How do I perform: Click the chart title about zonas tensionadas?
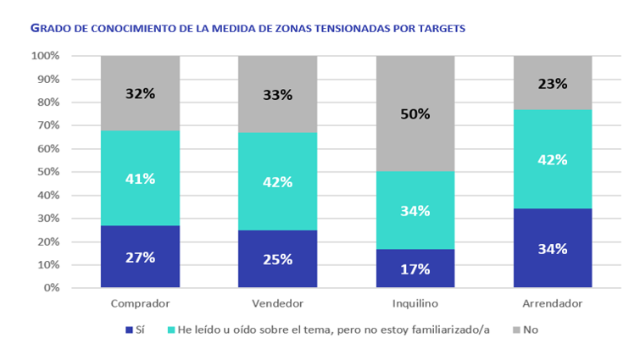(248, 28)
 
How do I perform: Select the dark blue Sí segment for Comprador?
(141, 257)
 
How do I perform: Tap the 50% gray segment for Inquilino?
(415, 114)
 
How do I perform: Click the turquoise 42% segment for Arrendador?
(551, 159)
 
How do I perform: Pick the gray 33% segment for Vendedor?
(278, 94)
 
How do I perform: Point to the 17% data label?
(415, 269)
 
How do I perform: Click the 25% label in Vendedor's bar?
(278, 259)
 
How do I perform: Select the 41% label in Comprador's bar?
(141, 179)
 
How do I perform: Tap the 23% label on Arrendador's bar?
(551, 84)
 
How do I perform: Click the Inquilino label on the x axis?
(415, 303)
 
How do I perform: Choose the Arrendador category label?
(551, 303)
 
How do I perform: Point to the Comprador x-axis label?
(141, 303)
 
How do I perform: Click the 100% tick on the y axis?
(45, 56)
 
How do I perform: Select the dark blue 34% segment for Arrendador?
(551, 249)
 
